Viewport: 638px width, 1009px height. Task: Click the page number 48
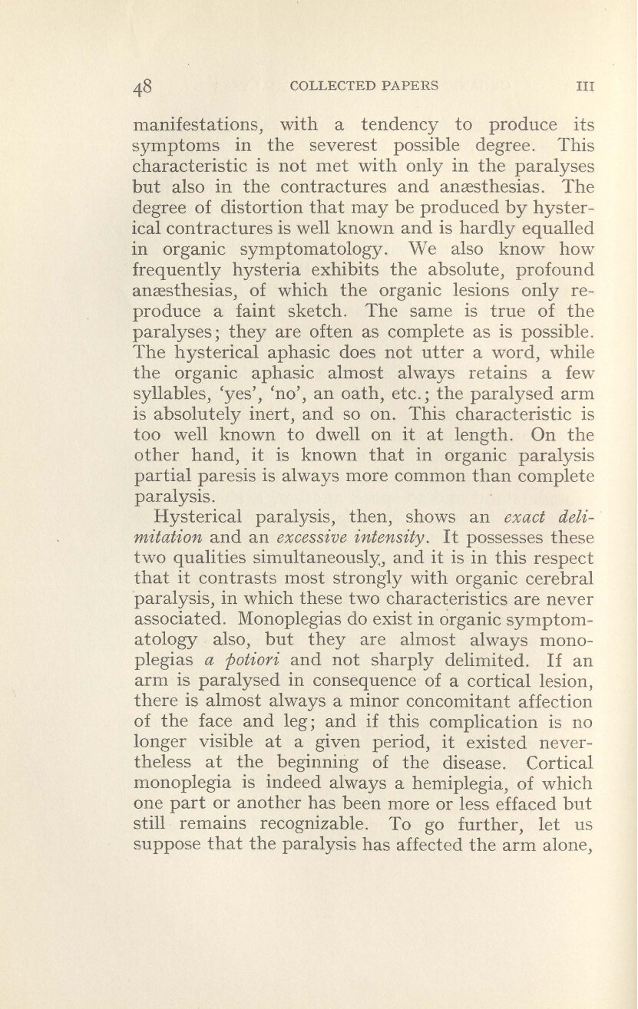[144, 87]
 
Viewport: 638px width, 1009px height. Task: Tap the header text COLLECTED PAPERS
[365, 86]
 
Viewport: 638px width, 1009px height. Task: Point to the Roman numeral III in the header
[586, 87]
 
